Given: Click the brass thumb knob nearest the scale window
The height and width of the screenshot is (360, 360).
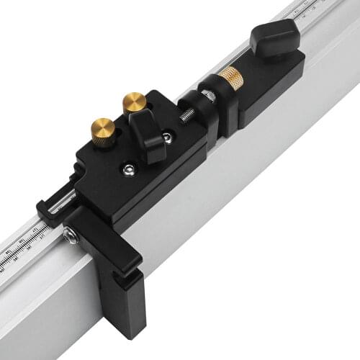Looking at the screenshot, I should coord(103,130).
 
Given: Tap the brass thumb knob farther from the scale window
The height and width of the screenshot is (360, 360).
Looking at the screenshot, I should coord(134,102).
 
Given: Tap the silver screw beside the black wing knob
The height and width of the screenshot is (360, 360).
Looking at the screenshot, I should coord(167,138).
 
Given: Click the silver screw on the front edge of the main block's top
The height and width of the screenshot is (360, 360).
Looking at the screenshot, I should coord(128,170).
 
